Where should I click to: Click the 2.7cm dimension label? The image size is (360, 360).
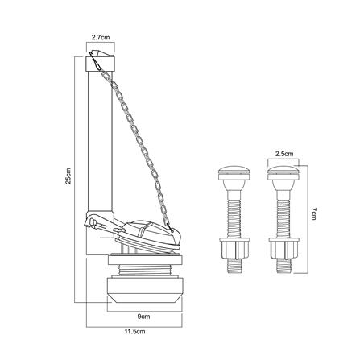coord(101,37)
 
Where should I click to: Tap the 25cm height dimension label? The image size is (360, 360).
coord(68,176)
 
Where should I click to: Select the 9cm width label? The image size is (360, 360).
coord(143,317)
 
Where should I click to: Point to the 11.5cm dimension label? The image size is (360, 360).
coord(134,332)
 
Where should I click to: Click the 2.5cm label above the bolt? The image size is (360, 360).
coord(284,154)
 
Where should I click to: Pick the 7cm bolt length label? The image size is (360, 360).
coord(314,213)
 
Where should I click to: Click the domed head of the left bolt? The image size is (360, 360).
coord(234,172)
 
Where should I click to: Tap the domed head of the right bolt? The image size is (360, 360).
coord(283,172)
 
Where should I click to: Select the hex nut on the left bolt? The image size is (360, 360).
coord(234,249)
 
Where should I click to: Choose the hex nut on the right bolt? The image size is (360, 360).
coord(283,249)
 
